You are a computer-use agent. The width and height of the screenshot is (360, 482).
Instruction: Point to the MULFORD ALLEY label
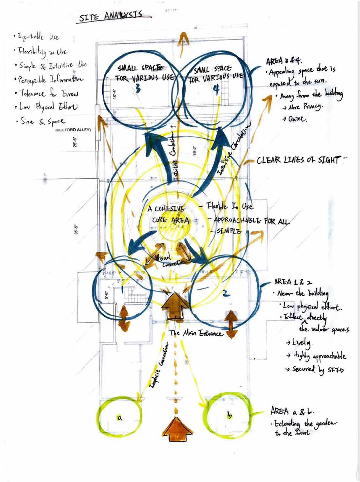coord(73,130)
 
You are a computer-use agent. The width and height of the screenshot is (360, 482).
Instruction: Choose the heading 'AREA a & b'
coord(290,411)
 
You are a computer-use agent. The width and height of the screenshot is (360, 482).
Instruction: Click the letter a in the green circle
coord(120,417)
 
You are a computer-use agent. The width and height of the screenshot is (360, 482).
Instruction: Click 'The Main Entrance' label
coord(196,333)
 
